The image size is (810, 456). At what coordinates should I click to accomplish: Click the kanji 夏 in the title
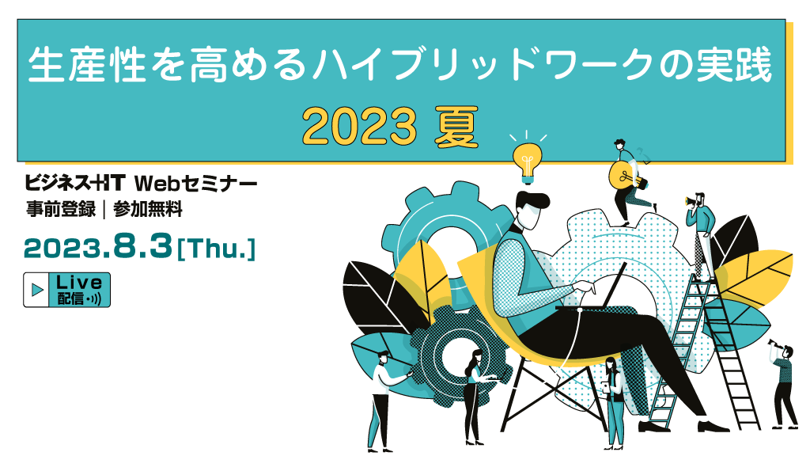point(456,127)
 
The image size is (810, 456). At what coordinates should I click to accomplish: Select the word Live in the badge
point(78,283)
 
